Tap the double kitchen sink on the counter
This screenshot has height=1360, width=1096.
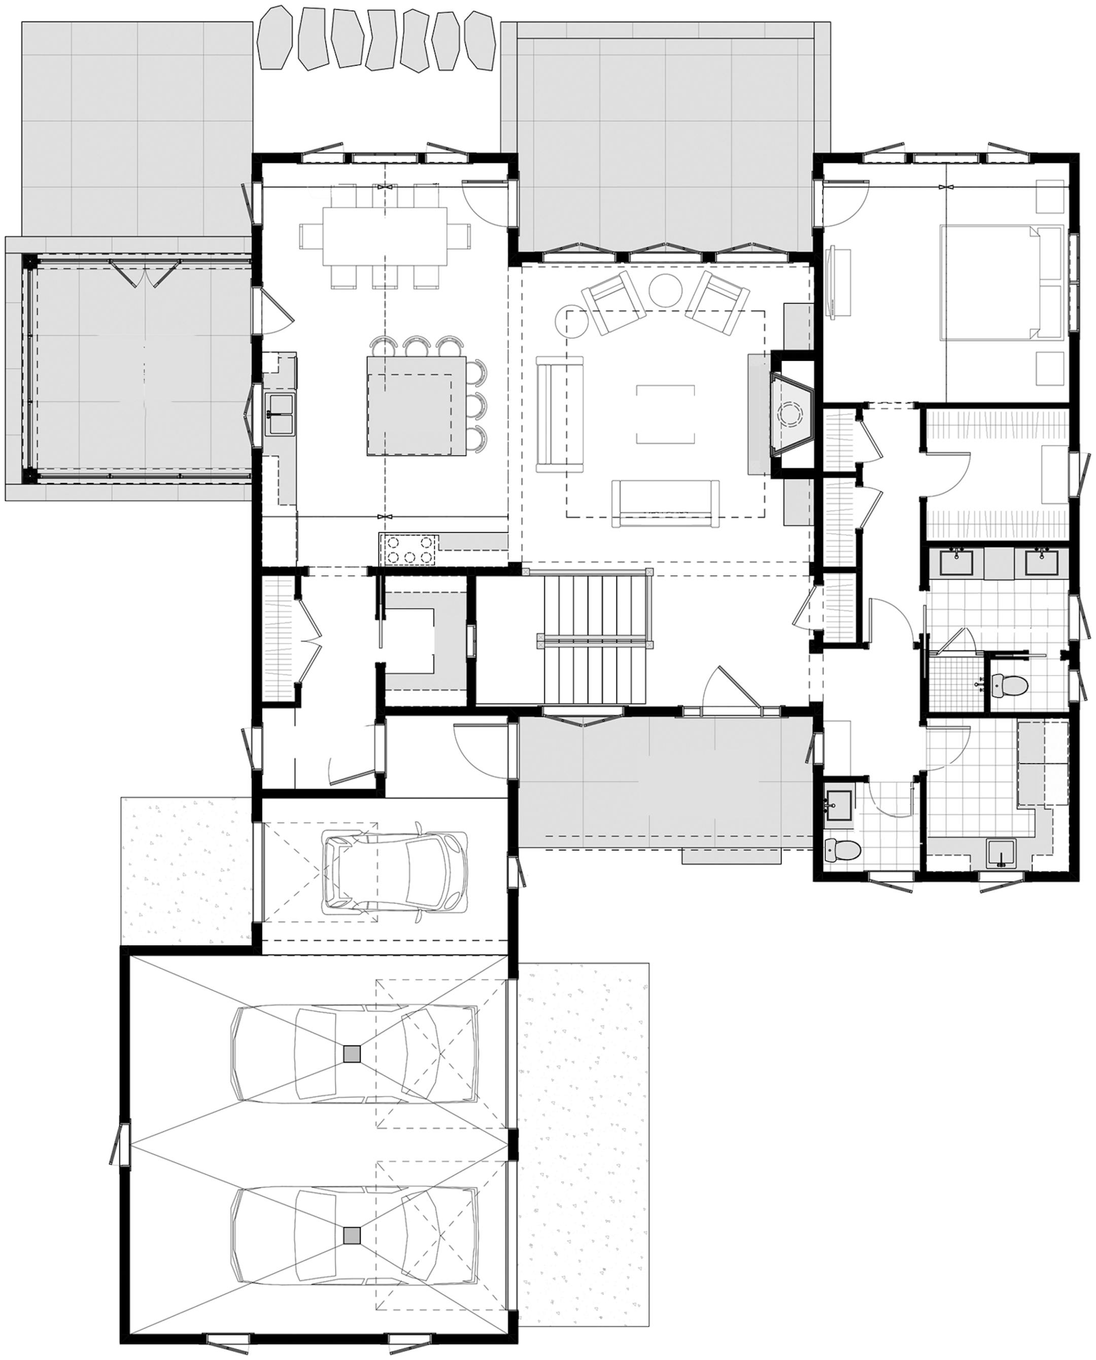click(279, 414)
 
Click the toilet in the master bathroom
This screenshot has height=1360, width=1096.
click(1006, 683)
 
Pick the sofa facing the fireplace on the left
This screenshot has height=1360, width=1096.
click(559, 414)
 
